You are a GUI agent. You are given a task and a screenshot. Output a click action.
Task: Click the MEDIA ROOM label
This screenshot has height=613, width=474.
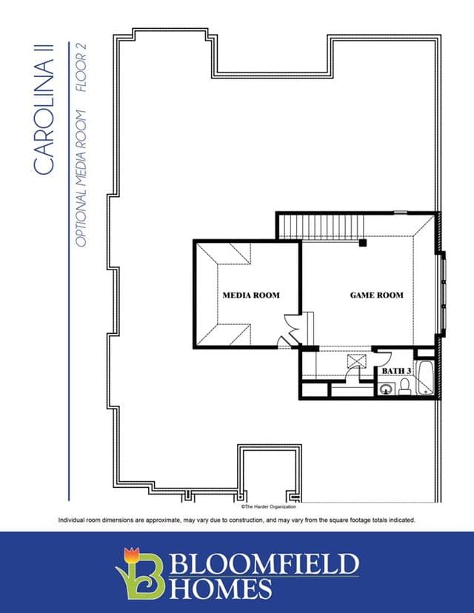tap(251, 295)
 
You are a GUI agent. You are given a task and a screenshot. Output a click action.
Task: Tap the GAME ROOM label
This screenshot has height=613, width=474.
tap(376, 295)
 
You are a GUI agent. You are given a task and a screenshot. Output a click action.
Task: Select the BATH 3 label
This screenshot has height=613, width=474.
tap(396, 371)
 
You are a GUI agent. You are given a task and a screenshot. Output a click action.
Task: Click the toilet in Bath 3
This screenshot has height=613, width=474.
tap(404, 386)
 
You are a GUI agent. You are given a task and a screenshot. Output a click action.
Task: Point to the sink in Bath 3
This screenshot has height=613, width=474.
tap(386, 389)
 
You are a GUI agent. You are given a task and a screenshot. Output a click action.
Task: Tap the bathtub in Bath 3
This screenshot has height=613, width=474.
tap(424, 378)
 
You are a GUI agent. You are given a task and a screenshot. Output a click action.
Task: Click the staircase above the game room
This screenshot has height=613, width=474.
tap(321, 227)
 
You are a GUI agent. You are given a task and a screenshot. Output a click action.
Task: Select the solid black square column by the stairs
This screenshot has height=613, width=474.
tap(363, 243)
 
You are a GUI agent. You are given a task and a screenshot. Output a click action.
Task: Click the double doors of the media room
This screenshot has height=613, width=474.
tap(291, 330)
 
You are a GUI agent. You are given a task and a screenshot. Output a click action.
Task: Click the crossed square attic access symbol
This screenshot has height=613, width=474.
tap(357, 361)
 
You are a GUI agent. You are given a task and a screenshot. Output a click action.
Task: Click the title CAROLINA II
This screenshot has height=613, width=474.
tap(43, 110)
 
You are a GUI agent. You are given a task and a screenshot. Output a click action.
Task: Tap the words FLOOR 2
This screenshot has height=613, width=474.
tap(81, 67)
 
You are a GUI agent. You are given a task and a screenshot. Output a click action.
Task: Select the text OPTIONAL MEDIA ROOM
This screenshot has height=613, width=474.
tap(81, 178)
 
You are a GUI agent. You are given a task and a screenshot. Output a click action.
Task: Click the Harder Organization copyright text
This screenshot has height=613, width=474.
tap(269, 506)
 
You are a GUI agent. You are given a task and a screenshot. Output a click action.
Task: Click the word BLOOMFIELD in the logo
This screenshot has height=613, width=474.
tap(264, 563)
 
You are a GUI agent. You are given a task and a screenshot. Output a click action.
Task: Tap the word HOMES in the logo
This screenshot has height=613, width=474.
tap(221, 589)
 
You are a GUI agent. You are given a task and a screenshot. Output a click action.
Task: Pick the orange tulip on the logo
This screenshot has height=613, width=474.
tap(131, 555)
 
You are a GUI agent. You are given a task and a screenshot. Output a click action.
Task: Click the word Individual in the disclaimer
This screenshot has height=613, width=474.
tap(70, 520)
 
